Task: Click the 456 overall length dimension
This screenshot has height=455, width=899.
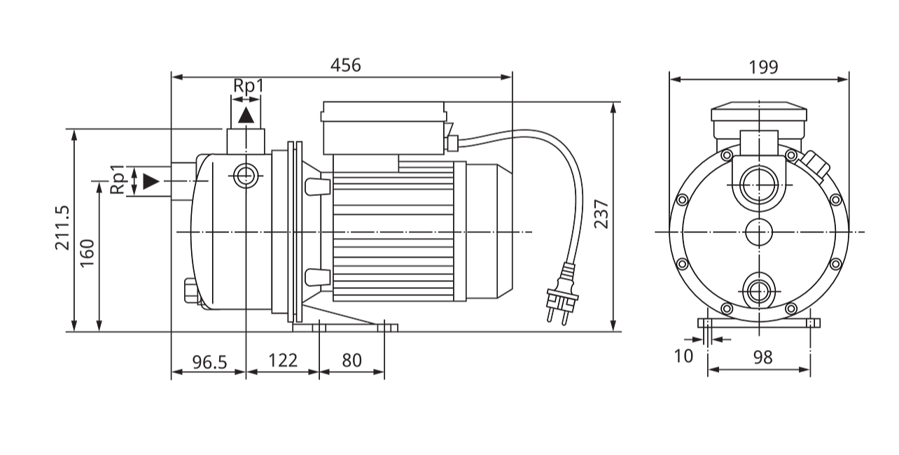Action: pyautogui.click(x=346, y=65)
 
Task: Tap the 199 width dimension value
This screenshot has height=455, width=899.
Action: pyautogui.click(x=763, y=67)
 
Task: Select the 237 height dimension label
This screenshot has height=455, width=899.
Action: pyautogui.click(x=601, y=214)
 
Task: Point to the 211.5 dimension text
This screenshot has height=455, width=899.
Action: pyautogui.click(x=62, y=228)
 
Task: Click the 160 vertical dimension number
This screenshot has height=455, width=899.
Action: pyautogui.click(x=87, y=253)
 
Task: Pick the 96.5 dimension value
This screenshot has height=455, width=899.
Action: pyautogui.click(x=209, y=362)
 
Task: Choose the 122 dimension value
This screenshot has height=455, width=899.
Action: pyautogui.click(x=283, y=360)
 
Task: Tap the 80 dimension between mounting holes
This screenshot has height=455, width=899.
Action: pyautogui.click(x=351, y=360)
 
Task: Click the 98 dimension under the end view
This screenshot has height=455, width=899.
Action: pyautogui.click(x=762, y=357)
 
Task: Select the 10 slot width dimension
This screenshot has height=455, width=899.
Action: pyautogui.click(x=683, y=356)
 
